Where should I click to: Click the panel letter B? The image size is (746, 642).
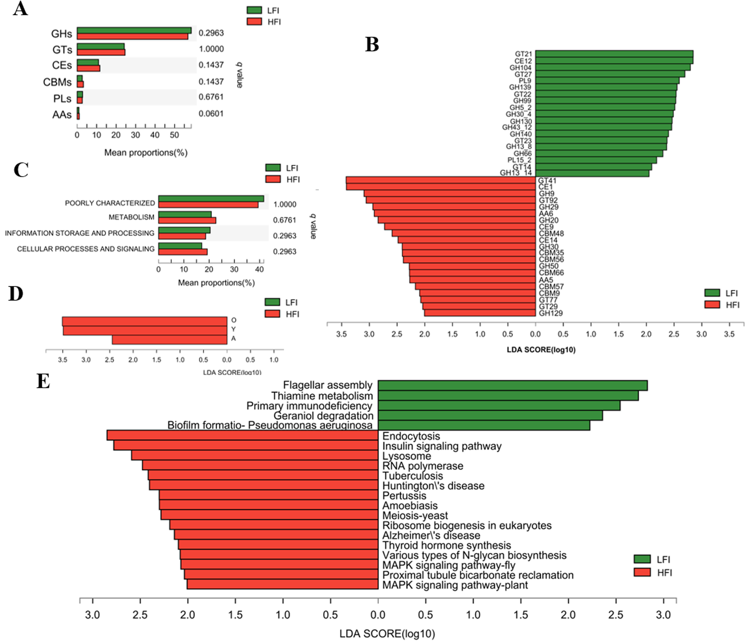(x=372, y=45)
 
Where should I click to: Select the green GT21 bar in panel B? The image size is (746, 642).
(x=614, y=54)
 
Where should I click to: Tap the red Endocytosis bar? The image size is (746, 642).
(x=242, y=435)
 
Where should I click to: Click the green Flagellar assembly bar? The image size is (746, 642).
(x=512, y=386)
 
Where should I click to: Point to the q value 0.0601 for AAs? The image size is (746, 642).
(x=211, y=114)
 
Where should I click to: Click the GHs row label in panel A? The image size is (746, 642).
(x=61, y=34)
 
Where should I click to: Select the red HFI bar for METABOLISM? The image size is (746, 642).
(x=187, y=220)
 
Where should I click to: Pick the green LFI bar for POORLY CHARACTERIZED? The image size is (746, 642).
(x=211, y=199)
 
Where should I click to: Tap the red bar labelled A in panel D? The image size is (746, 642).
(x=170, y=340)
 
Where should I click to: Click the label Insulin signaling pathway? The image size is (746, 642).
(x=442, y=446)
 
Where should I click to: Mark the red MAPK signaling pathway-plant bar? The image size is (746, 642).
(x=282, y=584)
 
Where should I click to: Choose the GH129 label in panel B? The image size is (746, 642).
(x=551, y=313)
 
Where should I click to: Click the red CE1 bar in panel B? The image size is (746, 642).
(x=441, y=187)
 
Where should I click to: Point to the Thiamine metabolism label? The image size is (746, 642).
(x=322, y=396)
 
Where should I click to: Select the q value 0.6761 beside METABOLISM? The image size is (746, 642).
(x=285, y=220)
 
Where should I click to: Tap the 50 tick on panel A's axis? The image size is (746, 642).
(x=174, y=135)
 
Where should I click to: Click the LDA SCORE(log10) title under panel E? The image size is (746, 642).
(x=387, y=634)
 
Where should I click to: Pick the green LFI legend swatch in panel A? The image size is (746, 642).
(x=254, y=10)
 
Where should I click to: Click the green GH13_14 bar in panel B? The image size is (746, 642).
(x=592, y=173)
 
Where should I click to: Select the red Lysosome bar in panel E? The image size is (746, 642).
(x=255, y=455)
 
